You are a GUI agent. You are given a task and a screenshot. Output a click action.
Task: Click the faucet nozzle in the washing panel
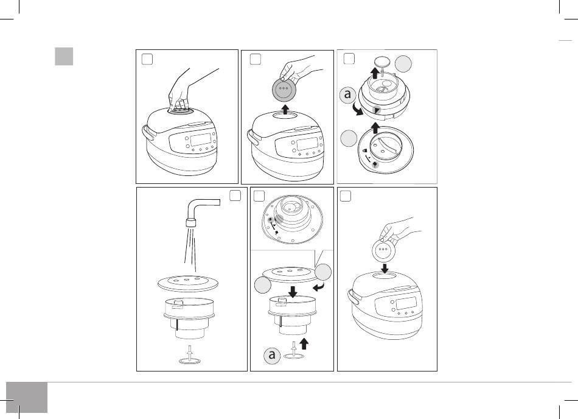click(190, 222)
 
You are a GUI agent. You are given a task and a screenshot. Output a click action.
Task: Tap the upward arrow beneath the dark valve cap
click(284, 110)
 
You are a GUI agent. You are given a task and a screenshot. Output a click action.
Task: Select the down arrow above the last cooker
click(385, 268)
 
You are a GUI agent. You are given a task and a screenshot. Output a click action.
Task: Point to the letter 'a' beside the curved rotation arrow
click(347, 95)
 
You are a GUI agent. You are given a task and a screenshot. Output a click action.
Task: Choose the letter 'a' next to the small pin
click(272, 355)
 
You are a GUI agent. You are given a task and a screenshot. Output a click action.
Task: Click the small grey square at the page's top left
click(64, 57)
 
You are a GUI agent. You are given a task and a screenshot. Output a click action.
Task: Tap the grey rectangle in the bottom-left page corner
click(27, 397)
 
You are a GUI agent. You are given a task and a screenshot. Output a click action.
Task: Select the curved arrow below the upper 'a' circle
click(357, 110)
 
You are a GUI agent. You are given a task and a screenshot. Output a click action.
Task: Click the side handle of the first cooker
click(147, 133)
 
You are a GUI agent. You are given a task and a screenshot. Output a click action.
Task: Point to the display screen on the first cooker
click(201, 140)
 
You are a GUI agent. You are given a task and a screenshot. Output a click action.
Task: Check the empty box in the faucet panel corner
click(235, 195)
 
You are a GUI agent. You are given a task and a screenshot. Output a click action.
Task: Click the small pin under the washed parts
click(190, 356)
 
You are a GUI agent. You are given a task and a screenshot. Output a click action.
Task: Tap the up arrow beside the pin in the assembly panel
click(304, 343)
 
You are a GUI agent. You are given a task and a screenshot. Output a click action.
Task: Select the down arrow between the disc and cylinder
click(293, 292)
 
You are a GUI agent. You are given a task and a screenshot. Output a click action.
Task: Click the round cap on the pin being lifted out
click(383, 62)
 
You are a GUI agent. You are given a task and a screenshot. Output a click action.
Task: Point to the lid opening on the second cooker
click(287, 116)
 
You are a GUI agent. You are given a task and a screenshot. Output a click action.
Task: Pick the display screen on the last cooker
click(406, 303)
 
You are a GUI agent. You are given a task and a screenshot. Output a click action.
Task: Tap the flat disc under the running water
click(187, 283)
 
